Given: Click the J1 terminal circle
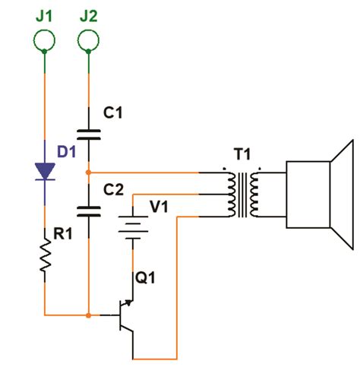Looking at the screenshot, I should click(x=45, y=37).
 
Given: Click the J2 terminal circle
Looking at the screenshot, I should click(x=89, y=37).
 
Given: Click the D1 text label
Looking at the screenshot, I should click(x=67, y=150).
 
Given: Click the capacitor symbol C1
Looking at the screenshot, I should click(x=89, y=135).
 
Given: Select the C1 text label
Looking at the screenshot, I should click(x=114, y=113).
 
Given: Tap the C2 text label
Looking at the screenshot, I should click(x=114, y=188).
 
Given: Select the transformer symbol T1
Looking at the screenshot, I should click(x=242, y=194).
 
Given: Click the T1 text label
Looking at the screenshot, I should click(x=242, y=156).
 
